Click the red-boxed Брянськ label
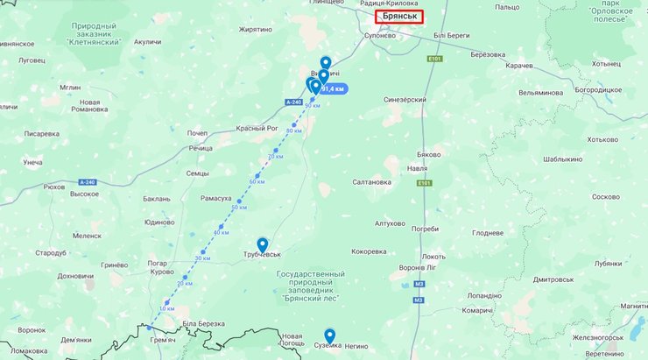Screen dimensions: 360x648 point(398,16)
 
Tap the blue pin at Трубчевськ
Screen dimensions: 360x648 point(262,244)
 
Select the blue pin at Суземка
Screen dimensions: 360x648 point(329,335)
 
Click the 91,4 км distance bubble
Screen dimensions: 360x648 point(334,88)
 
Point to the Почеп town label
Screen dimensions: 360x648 point(197,133)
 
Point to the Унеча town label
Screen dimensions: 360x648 point(33,163)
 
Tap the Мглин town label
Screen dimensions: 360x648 point(70,88)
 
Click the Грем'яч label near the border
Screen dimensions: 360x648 point(164,339)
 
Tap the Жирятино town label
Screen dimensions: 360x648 point(256,29)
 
